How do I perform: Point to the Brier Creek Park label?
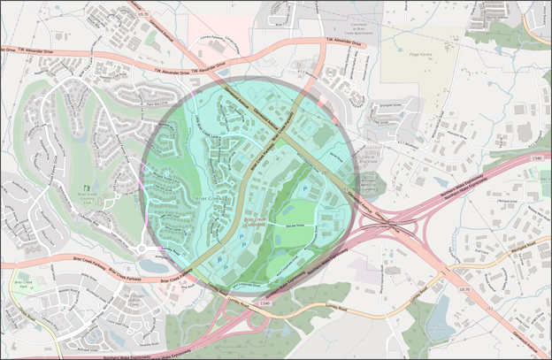pos(21,286)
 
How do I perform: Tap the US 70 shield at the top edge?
pos(144,14)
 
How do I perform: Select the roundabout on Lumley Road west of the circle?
pos(141,248)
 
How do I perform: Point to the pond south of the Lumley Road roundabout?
pos(149,266)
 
